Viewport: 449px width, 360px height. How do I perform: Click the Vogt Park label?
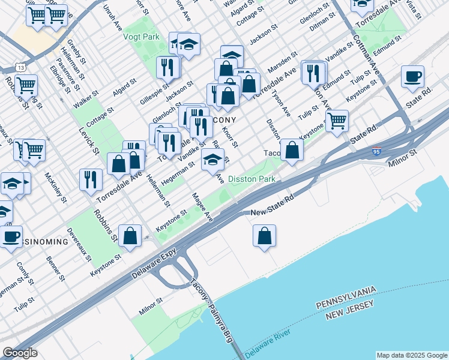[x=142, y=37]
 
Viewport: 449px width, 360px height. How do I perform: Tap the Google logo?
[x=20, y=353]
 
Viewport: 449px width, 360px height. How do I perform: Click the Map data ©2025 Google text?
[x=411, y=355]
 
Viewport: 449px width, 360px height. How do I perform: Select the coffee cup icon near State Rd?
[x=412, y=77]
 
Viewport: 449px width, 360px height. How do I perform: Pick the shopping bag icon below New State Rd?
[x=264, y=236]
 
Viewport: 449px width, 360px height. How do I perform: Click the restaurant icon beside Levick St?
[x=91, y=179]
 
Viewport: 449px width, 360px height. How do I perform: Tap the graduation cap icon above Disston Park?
[x=212, y=160]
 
